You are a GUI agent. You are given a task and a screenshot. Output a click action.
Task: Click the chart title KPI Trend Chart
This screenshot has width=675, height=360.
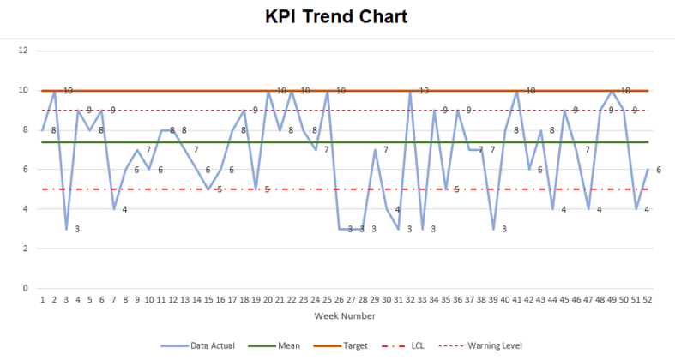[336, 16]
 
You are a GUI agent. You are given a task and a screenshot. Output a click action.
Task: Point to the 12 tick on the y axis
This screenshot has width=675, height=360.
[24, 51]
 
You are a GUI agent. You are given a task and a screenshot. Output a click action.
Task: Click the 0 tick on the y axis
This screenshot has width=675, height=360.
[26, 288]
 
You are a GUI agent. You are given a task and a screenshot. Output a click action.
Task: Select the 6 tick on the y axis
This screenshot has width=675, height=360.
[26, 170]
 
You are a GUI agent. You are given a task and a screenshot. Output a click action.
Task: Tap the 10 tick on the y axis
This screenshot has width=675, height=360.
[24, 90]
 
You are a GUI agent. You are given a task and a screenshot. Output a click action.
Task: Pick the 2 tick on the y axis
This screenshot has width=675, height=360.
[26, 249]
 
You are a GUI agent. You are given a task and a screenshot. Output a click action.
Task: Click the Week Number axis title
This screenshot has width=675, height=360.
[344, 315]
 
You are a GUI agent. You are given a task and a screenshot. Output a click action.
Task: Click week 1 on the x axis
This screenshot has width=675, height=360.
[42, 300]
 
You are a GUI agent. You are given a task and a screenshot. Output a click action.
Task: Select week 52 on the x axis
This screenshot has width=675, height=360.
[647, 300]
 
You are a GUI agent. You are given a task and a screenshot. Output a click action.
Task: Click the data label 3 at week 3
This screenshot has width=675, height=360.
[77, 229]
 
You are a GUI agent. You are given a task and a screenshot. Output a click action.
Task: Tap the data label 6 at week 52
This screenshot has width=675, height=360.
[658, 170]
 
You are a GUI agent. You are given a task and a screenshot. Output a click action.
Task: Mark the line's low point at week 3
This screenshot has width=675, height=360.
[66, 229]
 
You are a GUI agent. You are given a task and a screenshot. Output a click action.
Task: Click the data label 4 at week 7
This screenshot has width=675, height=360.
[124, 209]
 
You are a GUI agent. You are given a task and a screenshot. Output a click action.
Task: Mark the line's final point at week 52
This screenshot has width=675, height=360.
[647, 170]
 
